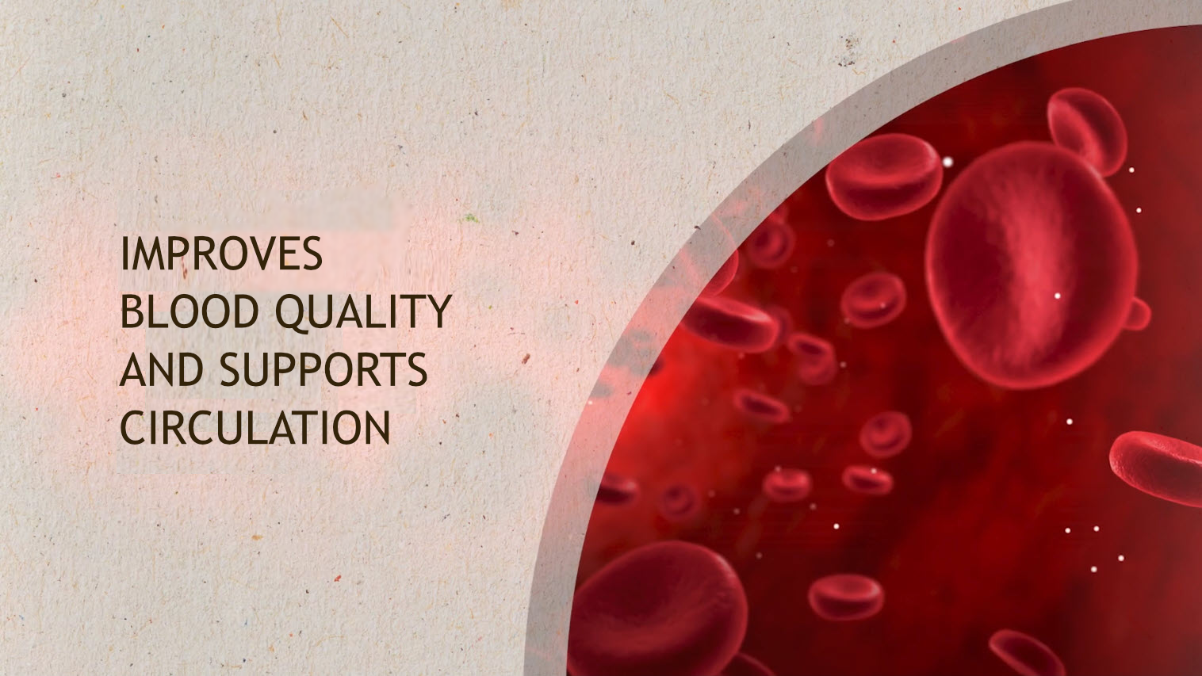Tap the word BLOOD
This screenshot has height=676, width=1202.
click(190, 311)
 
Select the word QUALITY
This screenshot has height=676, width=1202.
click(363, 312)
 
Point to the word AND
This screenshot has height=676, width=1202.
click(161, 369)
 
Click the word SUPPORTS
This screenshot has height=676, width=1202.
click(323, 369)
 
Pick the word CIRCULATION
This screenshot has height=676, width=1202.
click(255, 428)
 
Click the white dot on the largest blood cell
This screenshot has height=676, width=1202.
click(1058, 296)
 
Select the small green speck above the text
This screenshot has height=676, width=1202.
click(470, 218)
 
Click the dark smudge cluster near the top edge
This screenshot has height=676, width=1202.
click(848, 52)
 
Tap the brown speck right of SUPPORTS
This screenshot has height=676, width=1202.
click(526, 358)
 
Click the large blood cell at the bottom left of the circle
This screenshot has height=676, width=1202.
click(657, 609)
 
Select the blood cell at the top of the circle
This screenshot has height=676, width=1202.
click(1087, 132)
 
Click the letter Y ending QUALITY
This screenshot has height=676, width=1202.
click(438, 311)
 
